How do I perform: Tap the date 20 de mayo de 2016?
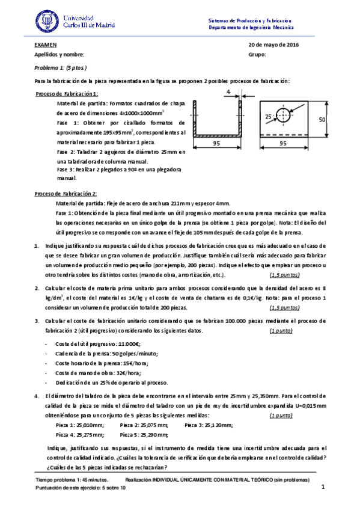[273, 45]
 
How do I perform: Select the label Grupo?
[257, 55]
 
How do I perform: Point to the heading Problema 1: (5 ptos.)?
[61, 67]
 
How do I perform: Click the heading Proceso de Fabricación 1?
[67, 94]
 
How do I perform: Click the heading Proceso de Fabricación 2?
[66, 194]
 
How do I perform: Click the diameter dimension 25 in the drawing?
[267, 115]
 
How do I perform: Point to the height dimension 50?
[322, 120]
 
